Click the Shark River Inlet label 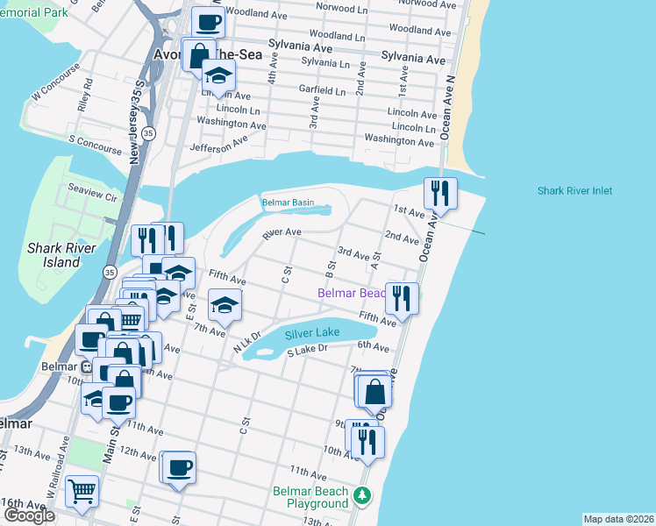point(574,191)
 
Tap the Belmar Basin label point(288,203)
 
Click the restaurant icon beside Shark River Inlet point(439,192)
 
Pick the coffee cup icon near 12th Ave point(180,466)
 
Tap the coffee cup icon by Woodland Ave point(208,22)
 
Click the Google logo point(29,515)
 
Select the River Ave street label point(282,233)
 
